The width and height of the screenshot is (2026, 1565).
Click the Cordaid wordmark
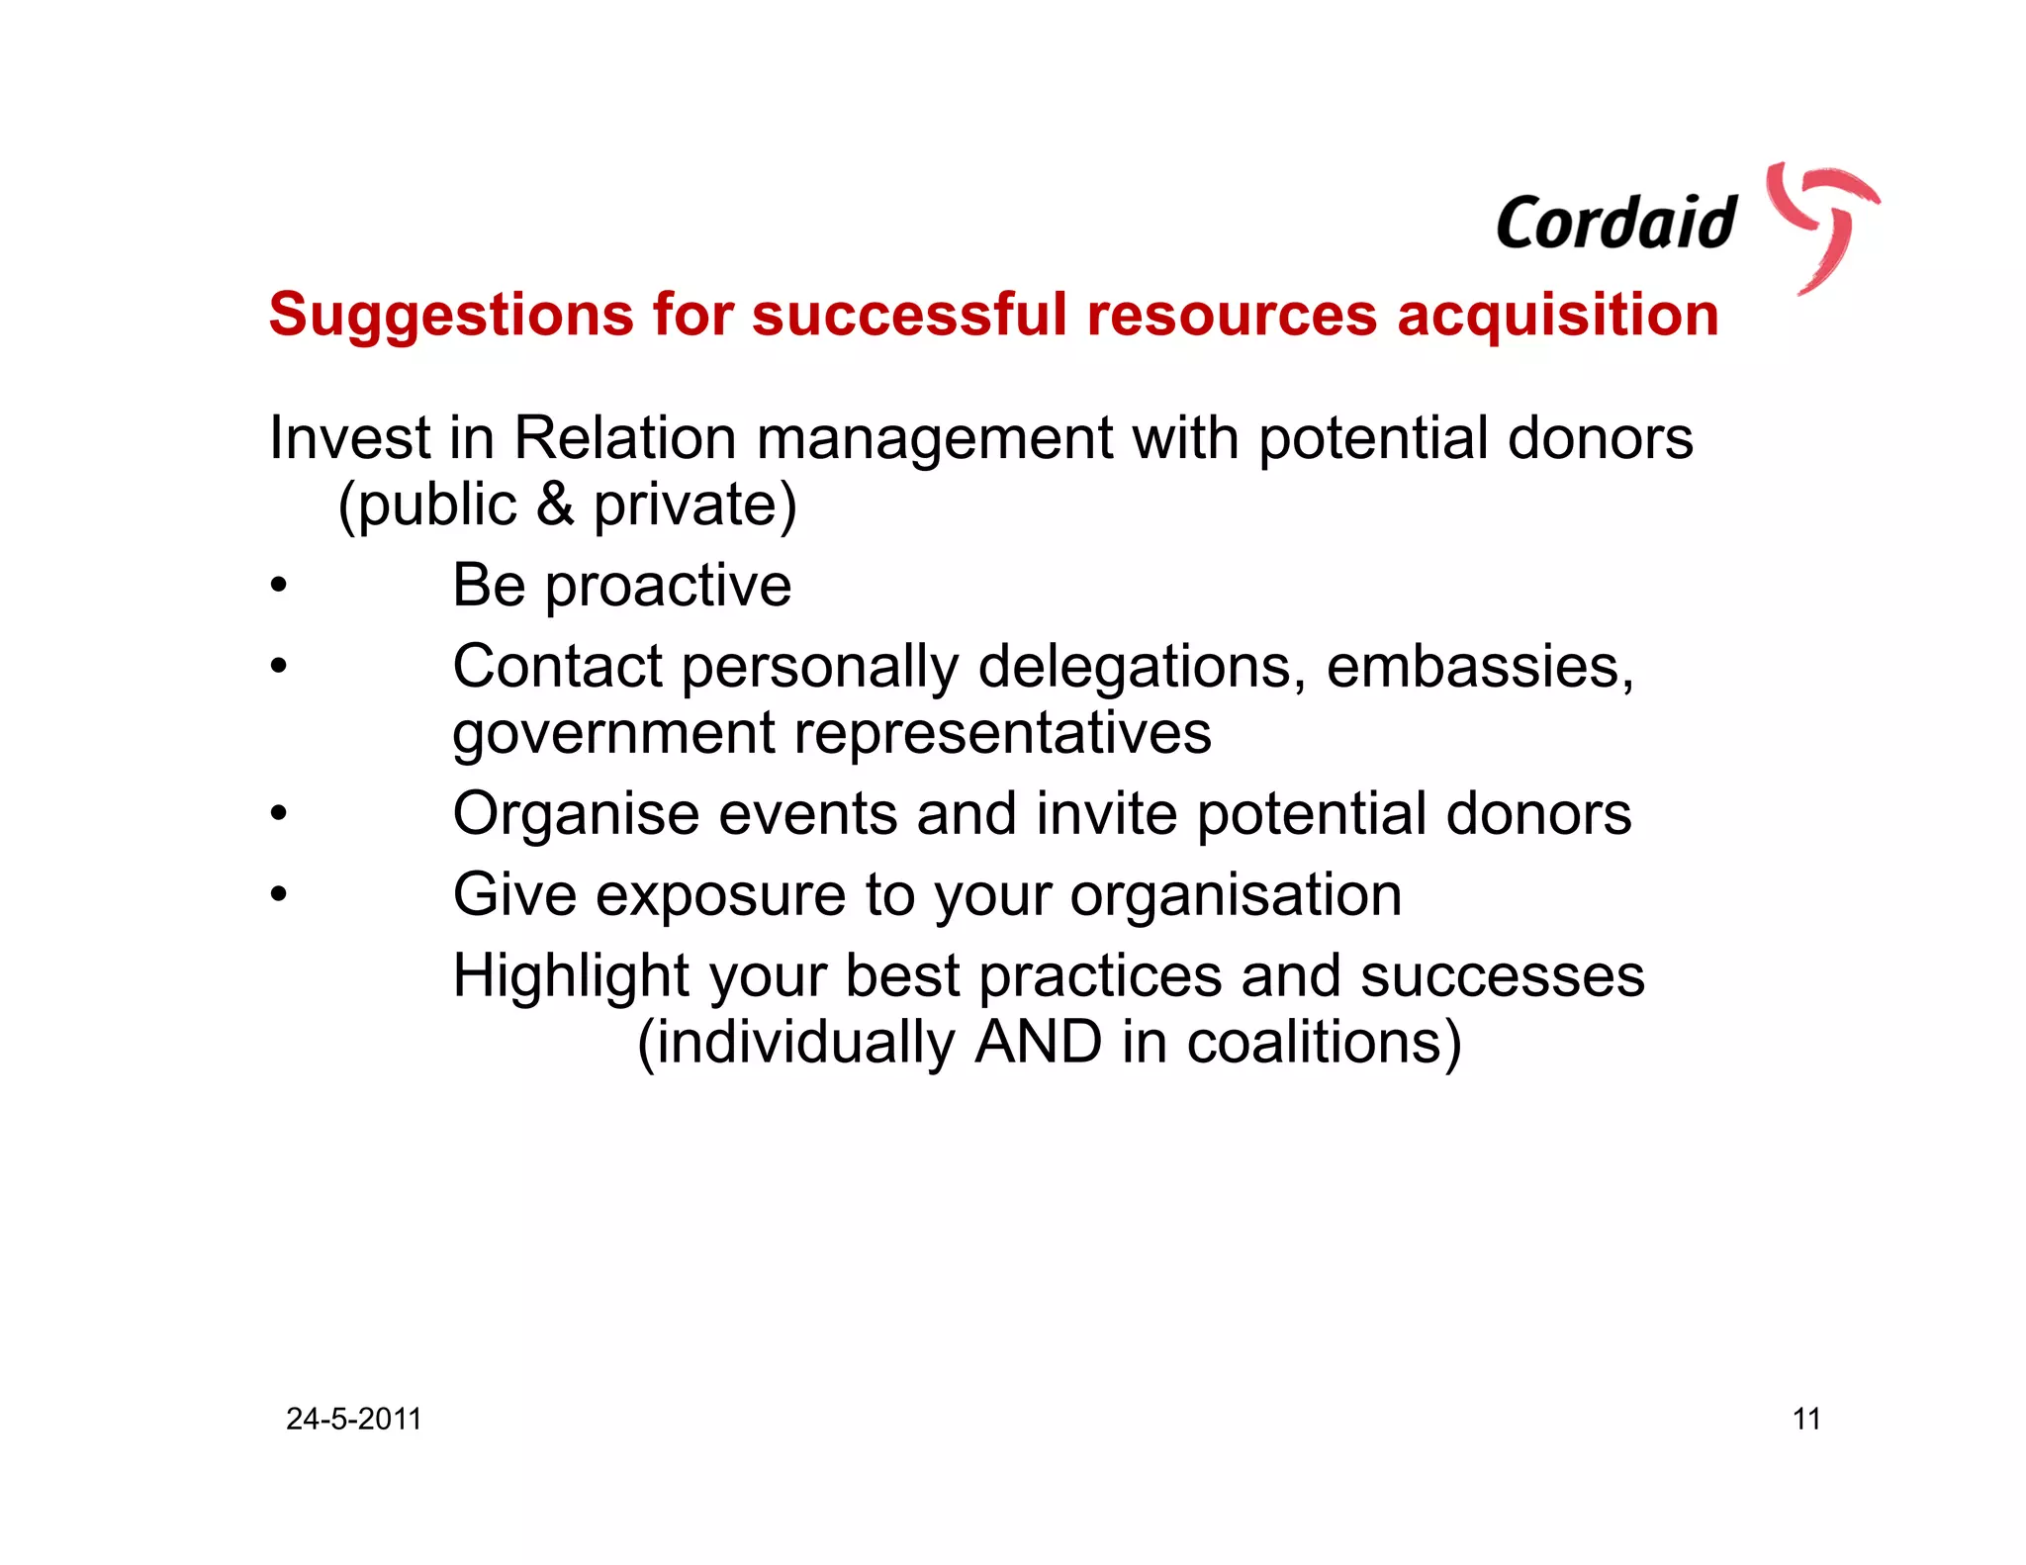(1615, 223)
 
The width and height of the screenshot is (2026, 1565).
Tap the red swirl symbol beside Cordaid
(1823, 226)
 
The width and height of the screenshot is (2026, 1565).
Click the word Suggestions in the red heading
(451, 316)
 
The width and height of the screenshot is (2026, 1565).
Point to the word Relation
(625, 438)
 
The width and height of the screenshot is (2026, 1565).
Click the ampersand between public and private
(555, 504)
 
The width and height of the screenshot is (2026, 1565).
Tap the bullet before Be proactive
(279, 586)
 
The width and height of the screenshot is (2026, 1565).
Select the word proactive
(668, 587)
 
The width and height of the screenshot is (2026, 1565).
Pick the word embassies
(1479, 667)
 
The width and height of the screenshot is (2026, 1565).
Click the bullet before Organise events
(279, 814)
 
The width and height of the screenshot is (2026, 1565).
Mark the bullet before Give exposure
(279, 895)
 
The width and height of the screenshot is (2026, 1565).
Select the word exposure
(720, 895)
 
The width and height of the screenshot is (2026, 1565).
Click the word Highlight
(571, 976)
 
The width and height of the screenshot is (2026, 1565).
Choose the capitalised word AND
(1038, 1043)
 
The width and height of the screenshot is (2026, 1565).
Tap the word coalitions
(1323, 1043)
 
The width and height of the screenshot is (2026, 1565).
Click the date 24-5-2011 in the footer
(353, 1420)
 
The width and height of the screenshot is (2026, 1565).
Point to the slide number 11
(1806, 1420)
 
